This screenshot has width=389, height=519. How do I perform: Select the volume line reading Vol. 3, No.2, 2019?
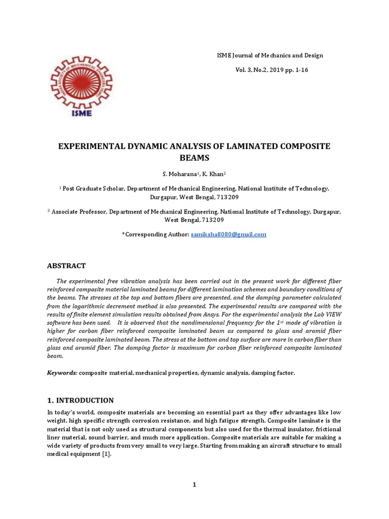(271, 70)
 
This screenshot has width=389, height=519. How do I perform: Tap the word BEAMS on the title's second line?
(195, 158)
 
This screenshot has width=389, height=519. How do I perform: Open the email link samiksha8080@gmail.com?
(228, 235)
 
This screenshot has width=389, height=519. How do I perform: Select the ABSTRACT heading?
(66, 266)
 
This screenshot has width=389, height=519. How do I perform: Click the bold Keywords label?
(62, 373)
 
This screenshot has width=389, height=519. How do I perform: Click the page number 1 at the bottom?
(194, 485)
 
